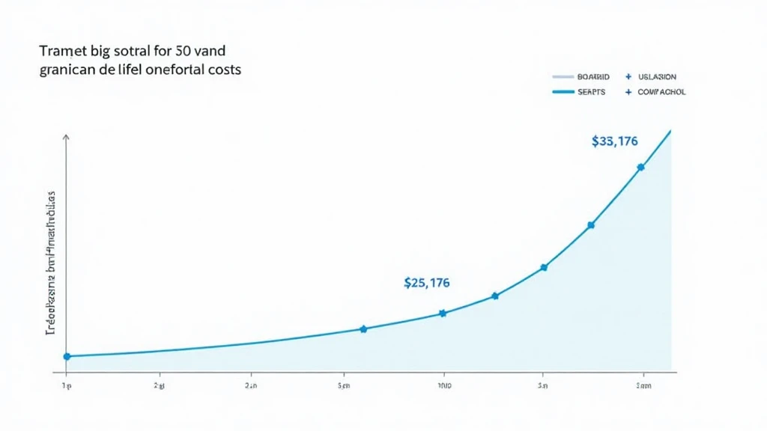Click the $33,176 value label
(614, 141)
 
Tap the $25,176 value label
(427, 283)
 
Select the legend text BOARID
(594, 77)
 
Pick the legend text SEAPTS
(592, 92)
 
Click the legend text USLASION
(657, 77)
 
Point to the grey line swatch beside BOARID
(562, 77)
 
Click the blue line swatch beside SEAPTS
(562, 92)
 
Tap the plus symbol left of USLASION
(628, 77)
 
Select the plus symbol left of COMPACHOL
(628, 92)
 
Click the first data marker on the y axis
(67, 356)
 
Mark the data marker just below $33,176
(640, 168)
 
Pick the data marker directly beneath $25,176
(442, 313)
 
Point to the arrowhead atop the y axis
(67, 138)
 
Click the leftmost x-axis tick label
(66, 386)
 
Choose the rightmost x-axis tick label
(643, 386)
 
